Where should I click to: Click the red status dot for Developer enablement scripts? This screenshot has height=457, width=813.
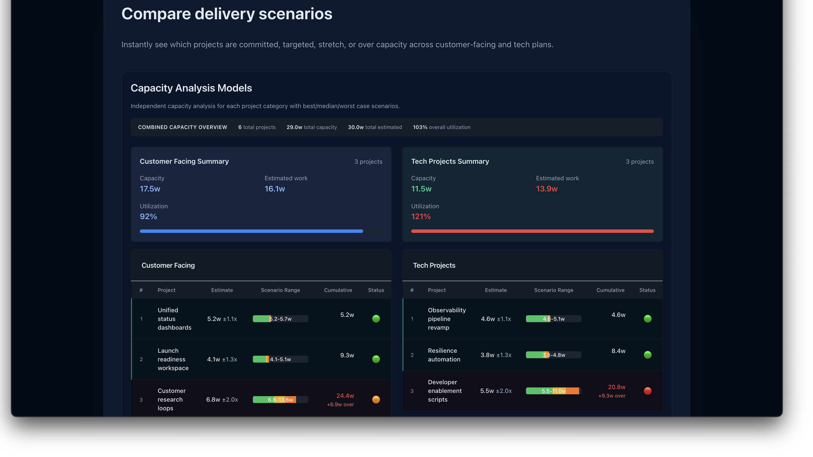pyautogui.click(x=647, y=391)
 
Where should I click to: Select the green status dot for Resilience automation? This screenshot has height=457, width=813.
pyautogui.click(x=647, y=355)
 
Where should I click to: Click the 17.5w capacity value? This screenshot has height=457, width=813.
pyautogui.click(x=150, y=189)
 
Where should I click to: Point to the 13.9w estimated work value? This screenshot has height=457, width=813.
pyautogui.click(x=547, y=189)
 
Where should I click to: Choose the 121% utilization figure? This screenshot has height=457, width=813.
pyautogui.click(x=421, y=216)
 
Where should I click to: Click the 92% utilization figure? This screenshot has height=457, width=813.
pyautogui.click(x=148, y=216)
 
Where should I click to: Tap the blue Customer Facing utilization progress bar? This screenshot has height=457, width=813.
pyautogui.click(x=251, y=231)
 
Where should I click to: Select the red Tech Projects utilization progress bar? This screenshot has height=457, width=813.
pyautogui.click(x=532, y=231)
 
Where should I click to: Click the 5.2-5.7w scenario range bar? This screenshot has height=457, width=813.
pyautogui.click(x=280, y=319)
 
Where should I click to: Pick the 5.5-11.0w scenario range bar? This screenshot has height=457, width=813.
pyautogui.click(x=554, y=391)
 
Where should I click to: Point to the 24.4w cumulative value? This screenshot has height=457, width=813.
pyautogui.click(x=345, y=396)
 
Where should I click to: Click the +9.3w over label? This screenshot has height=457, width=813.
pyautogui.click(x=611, y=396)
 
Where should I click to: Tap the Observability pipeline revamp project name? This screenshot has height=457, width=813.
pyautogui.click(x=447, y=319)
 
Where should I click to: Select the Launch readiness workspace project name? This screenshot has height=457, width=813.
pyautogui.click(x=173, y=359)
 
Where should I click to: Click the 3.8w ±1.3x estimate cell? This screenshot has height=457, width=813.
pyautogui.click(x=496, y=355)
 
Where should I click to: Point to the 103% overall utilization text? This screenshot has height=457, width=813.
pyautogui.click(x=441, y=127)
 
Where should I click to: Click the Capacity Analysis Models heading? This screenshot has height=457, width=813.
pyautogui.click(x=191, y=88)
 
